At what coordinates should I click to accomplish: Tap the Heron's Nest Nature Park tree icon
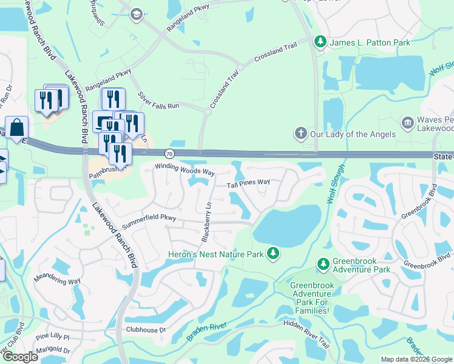(x=274, y=253)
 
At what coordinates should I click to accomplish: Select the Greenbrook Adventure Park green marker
(x=323, y=264)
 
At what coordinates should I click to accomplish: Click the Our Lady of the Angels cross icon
(x=300, y=133)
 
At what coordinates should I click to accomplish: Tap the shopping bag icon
(x=17, y=127)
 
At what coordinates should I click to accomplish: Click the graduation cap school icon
(x=137, y=13)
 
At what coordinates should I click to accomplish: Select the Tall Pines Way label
(x=248, y=183)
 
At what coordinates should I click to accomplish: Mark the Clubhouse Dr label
(x=146, y=330)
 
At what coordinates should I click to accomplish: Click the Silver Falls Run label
(x=158, y=101)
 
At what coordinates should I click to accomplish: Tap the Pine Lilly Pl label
(x=53, y=336)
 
